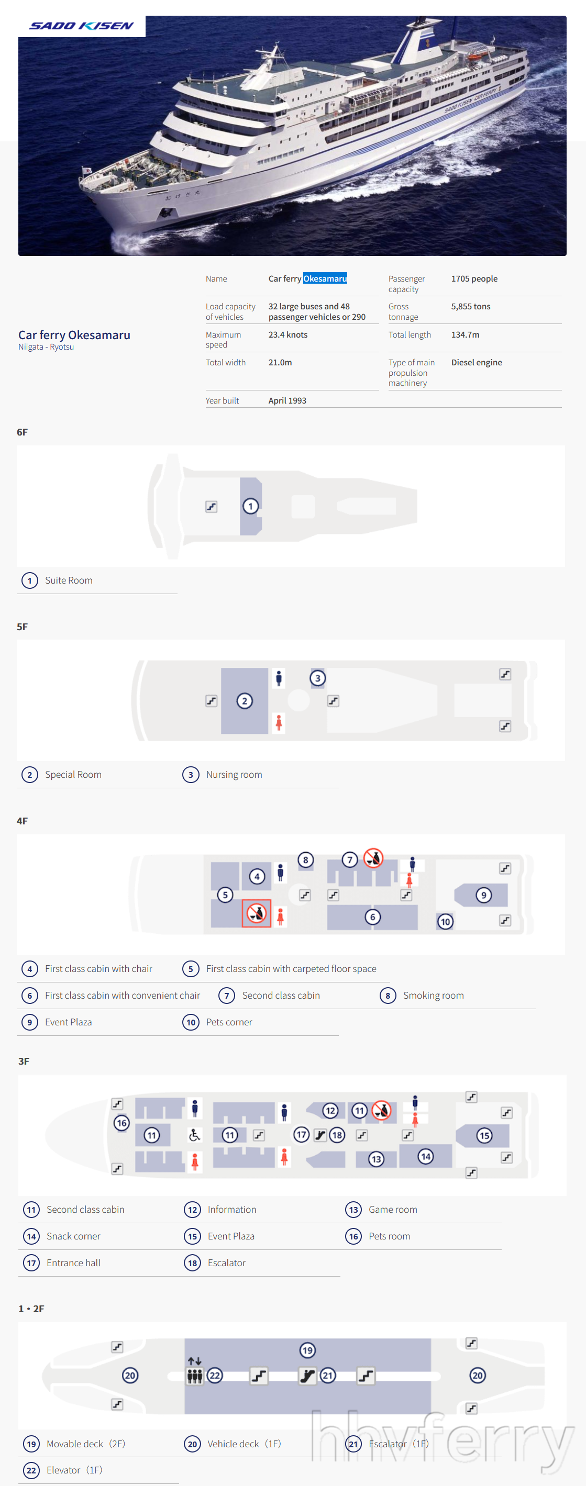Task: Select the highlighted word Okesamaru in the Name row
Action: point(325,278)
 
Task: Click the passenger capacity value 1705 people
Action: point(474,278)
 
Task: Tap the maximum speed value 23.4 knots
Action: point(288,334)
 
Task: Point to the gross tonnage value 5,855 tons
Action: point(471,306)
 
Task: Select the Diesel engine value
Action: point(477,362)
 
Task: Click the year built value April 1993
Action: point(287,400)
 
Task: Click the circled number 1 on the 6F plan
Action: point(250,506)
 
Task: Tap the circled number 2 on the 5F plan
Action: point(245,701)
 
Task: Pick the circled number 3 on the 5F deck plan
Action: point(317,678)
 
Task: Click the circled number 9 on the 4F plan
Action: point(484,895)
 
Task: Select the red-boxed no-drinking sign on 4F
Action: point(256,913)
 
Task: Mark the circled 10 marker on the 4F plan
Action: point(445,921)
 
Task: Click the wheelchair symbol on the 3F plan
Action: point(195,1135)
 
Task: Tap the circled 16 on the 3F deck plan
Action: point(121,1123)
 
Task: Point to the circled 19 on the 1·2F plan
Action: point(307,1350)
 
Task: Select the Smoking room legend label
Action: point(433,995)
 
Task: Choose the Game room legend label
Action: point(393,1209)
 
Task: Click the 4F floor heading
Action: point(22,820)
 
